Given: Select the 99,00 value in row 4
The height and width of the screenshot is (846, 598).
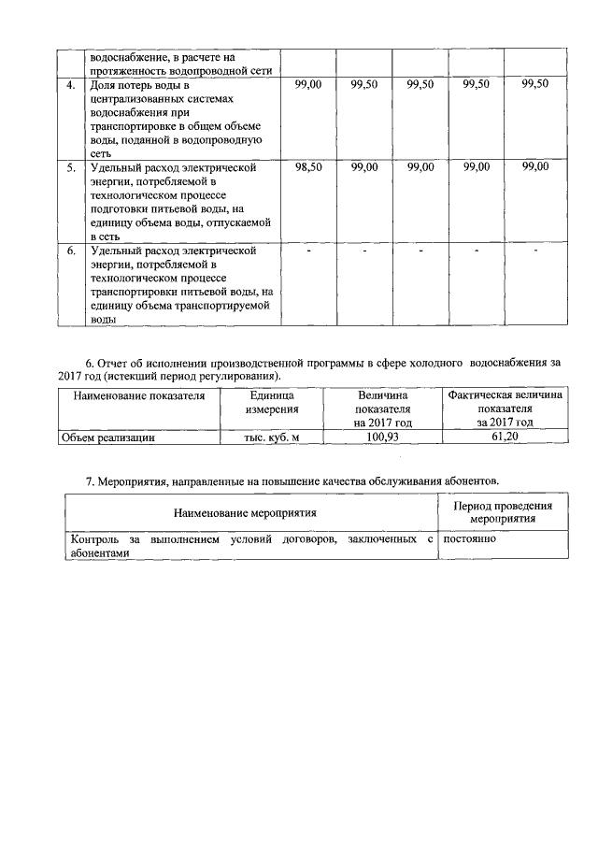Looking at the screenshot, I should pos(308,84).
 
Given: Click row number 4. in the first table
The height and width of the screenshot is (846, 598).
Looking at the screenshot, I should pos(70,84).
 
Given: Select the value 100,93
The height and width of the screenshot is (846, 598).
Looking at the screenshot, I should pos(382,437).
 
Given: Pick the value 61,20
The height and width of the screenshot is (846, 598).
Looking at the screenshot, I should pos(505,437).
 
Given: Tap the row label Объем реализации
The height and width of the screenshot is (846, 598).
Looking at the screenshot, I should pos(107,437).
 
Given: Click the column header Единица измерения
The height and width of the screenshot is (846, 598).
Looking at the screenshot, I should pos(272,403).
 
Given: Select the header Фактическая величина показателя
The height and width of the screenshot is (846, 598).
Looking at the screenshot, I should pos(505,403).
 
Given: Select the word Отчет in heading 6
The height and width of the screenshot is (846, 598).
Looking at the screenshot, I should pos(117,361).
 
